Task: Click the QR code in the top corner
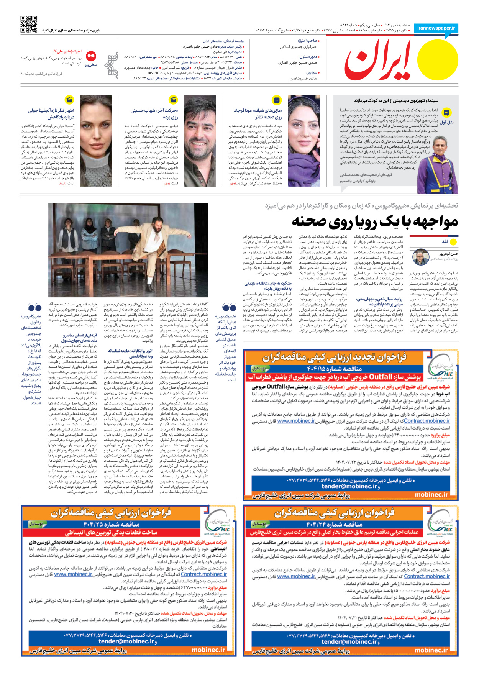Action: (29, 24)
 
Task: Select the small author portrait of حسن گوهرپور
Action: (421, 257)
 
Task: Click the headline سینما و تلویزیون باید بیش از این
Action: (395, 101)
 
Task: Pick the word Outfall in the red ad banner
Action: (381, 377)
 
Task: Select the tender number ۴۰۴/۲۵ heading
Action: (112, 524)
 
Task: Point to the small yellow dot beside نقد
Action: (453, 242)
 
